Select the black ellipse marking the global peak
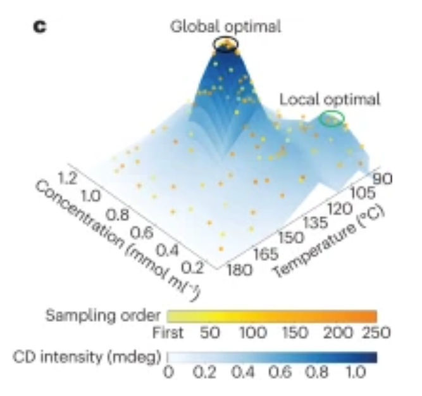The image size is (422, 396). [x=225, y=44]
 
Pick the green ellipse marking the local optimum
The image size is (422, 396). [x=332, y=118]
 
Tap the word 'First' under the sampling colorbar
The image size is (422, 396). [x=168, y=332]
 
